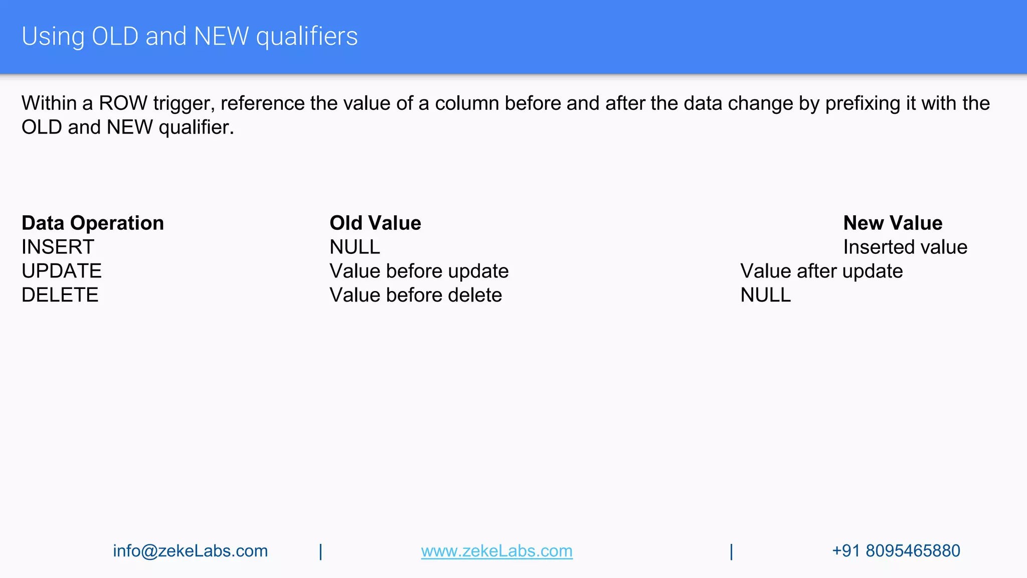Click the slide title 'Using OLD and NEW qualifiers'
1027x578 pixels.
tap(190, 37)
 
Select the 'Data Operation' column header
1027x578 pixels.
tap(93, 223)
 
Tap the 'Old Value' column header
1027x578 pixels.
tap(375, 223)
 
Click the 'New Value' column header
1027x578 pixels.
tap(893, 223)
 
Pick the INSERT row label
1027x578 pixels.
tap(58, 247)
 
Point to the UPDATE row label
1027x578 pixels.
tap(62, 271)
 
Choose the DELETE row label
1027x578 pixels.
tap(60, 295)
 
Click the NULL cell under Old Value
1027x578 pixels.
tap(355, 247)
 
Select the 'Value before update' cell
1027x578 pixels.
tap(419, 271)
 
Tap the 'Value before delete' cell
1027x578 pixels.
tap(416, 295)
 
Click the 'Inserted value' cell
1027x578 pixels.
tap(905, 247)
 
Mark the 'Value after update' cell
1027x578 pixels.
tap(821, 271)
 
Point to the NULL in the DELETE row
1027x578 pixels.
tap(766, 295)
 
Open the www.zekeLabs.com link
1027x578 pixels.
tap(496, 551)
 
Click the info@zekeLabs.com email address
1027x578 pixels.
tap(190, 551)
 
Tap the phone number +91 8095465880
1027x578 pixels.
tap(896, 551)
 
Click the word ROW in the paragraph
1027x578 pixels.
tap(123, 103)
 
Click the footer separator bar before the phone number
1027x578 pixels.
tap(732, 552)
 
